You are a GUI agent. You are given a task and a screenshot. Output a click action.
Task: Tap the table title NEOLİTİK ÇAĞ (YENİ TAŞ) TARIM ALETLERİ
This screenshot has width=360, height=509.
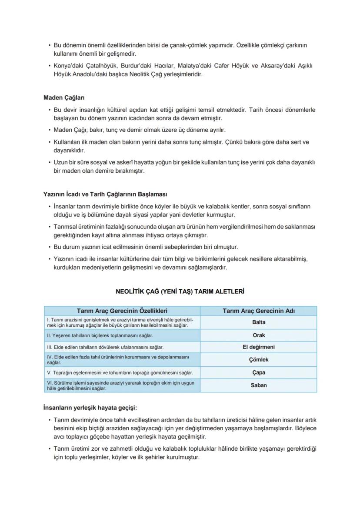(x=180, y=291)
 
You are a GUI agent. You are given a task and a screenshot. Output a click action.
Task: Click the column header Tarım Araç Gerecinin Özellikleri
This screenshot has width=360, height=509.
(x=122, y=311)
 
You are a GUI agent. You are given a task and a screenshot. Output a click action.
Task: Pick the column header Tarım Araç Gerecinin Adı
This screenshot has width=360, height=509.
(x=258, y=311)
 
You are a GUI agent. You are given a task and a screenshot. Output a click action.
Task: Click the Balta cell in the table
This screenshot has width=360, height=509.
(x=258, y=322)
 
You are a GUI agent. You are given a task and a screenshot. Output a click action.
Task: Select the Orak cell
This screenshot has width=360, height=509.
(x=258, y=335)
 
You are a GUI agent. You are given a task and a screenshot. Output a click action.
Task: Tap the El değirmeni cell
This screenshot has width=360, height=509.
(x=258, y=347)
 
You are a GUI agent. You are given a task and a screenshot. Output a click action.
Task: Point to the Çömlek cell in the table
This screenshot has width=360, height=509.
(x=258, y=360)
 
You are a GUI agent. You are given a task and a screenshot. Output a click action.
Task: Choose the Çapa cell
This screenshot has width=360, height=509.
(x=258, y=373)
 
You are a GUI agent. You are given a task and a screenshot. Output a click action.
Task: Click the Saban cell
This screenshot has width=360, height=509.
(x=258, y=385)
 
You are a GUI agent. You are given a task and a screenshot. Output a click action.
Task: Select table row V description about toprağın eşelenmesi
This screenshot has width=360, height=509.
(x=120, y=373)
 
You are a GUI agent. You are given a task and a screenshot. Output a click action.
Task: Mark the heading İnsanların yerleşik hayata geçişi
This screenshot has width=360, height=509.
(x=90, y=408)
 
